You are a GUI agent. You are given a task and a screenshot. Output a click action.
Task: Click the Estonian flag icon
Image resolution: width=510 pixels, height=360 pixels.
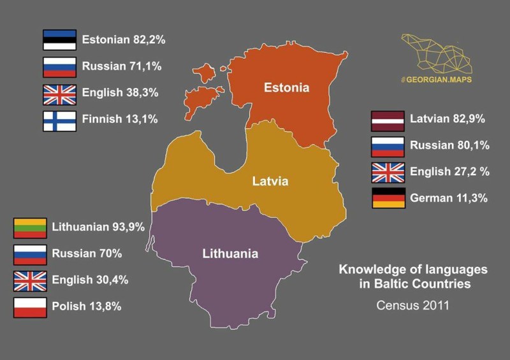pyautogui.click(x=59, y=40)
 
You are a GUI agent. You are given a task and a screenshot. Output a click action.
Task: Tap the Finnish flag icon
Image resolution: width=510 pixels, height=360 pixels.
pyautogui.click(x=59, y=121)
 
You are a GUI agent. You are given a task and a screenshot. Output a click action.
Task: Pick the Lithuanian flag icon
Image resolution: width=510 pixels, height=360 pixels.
pyautogui.click(x=30, y=227)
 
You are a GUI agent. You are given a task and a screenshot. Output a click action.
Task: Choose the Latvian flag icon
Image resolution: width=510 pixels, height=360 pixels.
pyautogui.click(x=388, y=119)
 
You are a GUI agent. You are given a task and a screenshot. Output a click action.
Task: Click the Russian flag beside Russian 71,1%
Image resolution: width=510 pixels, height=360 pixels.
pyautogui.click(x=59, y=67)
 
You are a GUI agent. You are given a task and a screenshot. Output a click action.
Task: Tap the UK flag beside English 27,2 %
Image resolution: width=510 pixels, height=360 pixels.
pyautogui.click(x=388, y=172)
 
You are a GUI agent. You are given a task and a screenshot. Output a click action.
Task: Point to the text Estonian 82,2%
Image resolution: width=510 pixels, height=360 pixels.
pyautogui.click(x=124, y=40)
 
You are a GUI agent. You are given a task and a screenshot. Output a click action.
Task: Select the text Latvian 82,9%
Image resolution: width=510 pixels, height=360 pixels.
pyautogui.click(x=448, y=119)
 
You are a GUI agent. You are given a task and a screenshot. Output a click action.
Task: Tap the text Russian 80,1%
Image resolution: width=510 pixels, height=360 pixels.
pyautogui.click(x=449, y=145)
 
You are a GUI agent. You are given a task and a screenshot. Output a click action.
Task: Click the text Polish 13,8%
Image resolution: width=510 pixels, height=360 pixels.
pyautogui.click(x=87, y=306)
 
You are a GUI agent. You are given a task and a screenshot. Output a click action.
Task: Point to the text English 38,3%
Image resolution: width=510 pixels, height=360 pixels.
pyautogui.click(x=120, y=93)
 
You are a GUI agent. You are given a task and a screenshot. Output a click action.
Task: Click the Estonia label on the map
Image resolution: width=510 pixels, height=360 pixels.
pyautogui.click(x=286, y=87)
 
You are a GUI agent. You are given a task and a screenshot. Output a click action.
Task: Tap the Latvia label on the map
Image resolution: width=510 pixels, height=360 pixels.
pyautogui.click(x=270, y=182)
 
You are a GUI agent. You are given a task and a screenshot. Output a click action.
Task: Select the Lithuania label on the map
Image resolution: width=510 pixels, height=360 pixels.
pyautogui.click(x=230, y=254)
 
